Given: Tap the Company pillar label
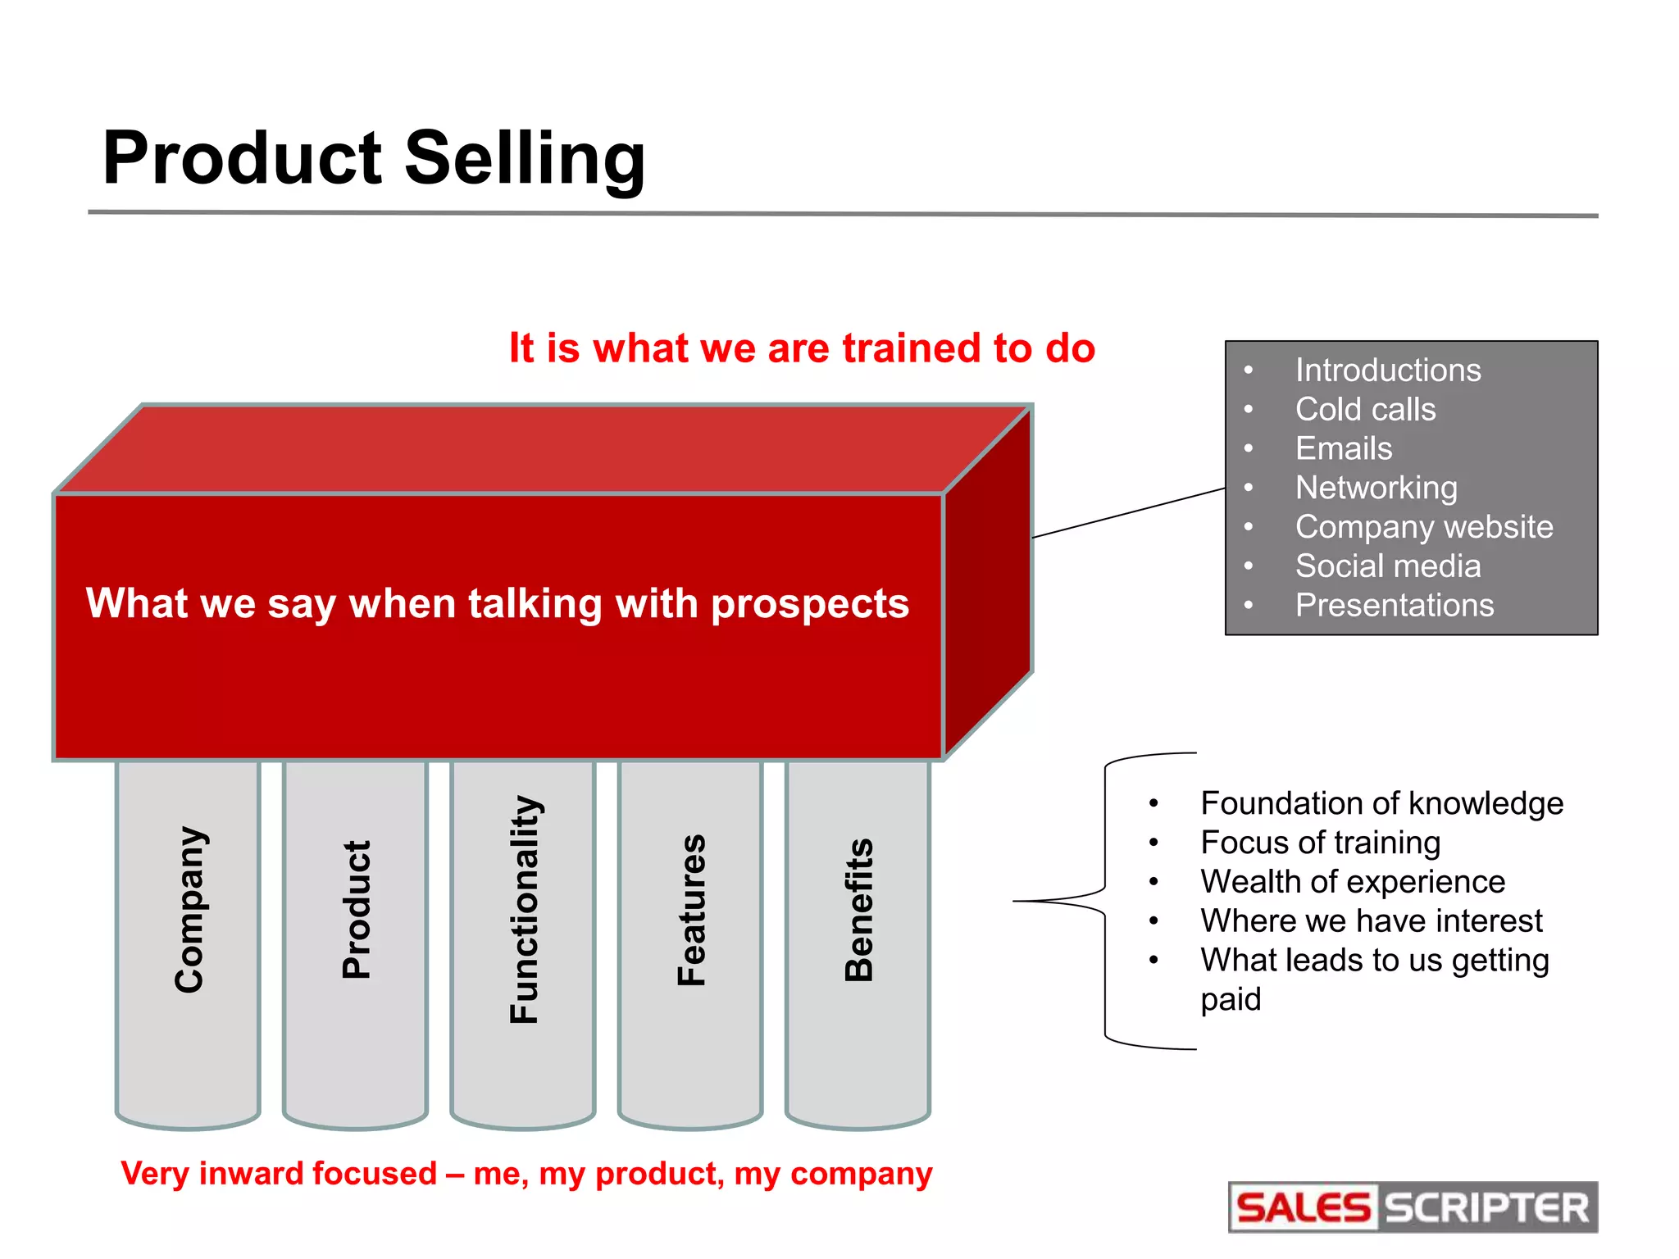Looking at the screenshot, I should click(190, 910).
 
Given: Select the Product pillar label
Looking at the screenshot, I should click(357, 910).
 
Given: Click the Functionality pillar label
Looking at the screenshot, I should click(525, 910).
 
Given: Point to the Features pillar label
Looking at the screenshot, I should click(691, 910).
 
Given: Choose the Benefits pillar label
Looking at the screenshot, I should click(859, 910).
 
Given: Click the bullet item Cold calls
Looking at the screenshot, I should click(1365, 409).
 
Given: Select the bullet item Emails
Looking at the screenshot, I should click(1343, 448).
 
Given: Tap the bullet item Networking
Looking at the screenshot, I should click(1376, 488).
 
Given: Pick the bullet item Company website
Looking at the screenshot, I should click(1423, 527).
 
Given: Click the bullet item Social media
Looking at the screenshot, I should click(1387, 566).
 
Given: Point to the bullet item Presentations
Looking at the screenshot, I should click(1394, 606).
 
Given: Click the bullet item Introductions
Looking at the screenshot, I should click(1387, 370).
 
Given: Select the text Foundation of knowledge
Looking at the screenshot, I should click(1381, 803).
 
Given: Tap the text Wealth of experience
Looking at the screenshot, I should click(1353, 882).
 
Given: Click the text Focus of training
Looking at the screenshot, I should click(1320, 843).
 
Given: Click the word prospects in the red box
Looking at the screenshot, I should click(809, 605).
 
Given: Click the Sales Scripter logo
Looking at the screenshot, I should click(1413, 1207).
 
